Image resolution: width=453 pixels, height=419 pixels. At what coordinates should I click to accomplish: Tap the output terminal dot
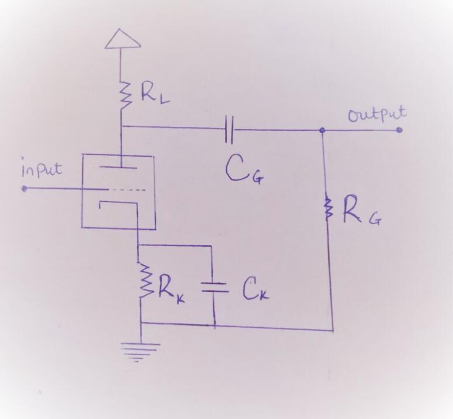point(399,130)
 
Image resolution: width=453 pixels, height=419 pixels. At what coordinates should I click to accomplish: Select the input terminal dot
point(25,189)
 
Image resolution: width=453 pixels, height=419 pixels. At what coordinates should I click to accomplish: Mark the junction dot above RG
point(321,130)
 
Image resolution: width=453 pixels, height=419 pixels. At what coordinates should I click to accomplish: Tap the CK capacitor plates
point(213,286)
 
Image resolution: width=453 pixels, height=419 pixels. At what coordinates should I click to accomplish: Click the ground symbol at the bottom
point(140,350)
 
